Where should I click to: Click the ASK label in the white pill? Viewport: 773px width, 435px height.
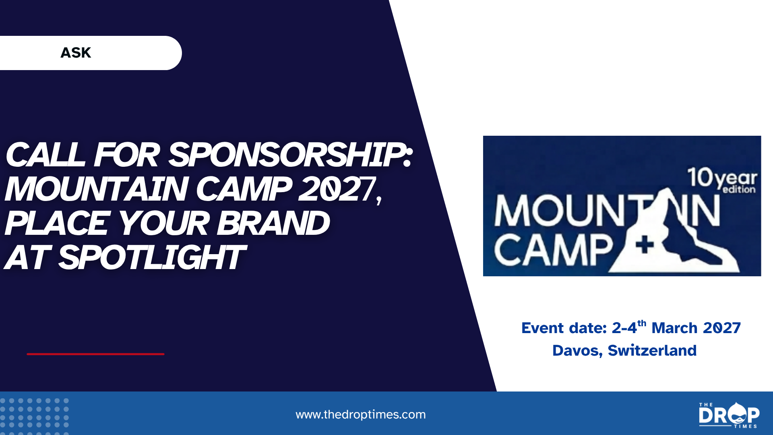click(76, 53)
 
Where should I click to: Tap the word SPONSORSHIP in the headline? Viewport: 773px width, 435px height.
click(290, 155)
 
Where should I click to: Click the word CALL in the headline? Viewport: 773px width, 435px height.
click(45, 155)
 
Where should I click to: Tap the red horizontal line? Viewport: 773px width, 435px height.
click(95, 354)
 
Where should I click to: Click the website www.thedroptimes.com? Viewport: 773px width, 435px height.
click(361, 414)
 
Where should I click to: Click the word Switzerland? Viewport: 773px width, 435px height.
click(652, 350)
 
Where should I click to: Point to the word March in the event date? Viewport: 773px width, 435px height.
click(674, 328)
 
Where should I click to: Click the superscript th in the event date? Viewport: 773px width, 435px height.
click(642, 323)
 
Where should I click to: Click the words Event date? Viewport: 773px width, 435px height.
click(564, 328)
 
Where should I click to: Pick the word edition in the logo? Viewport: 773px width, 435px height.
click(739, 189)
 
